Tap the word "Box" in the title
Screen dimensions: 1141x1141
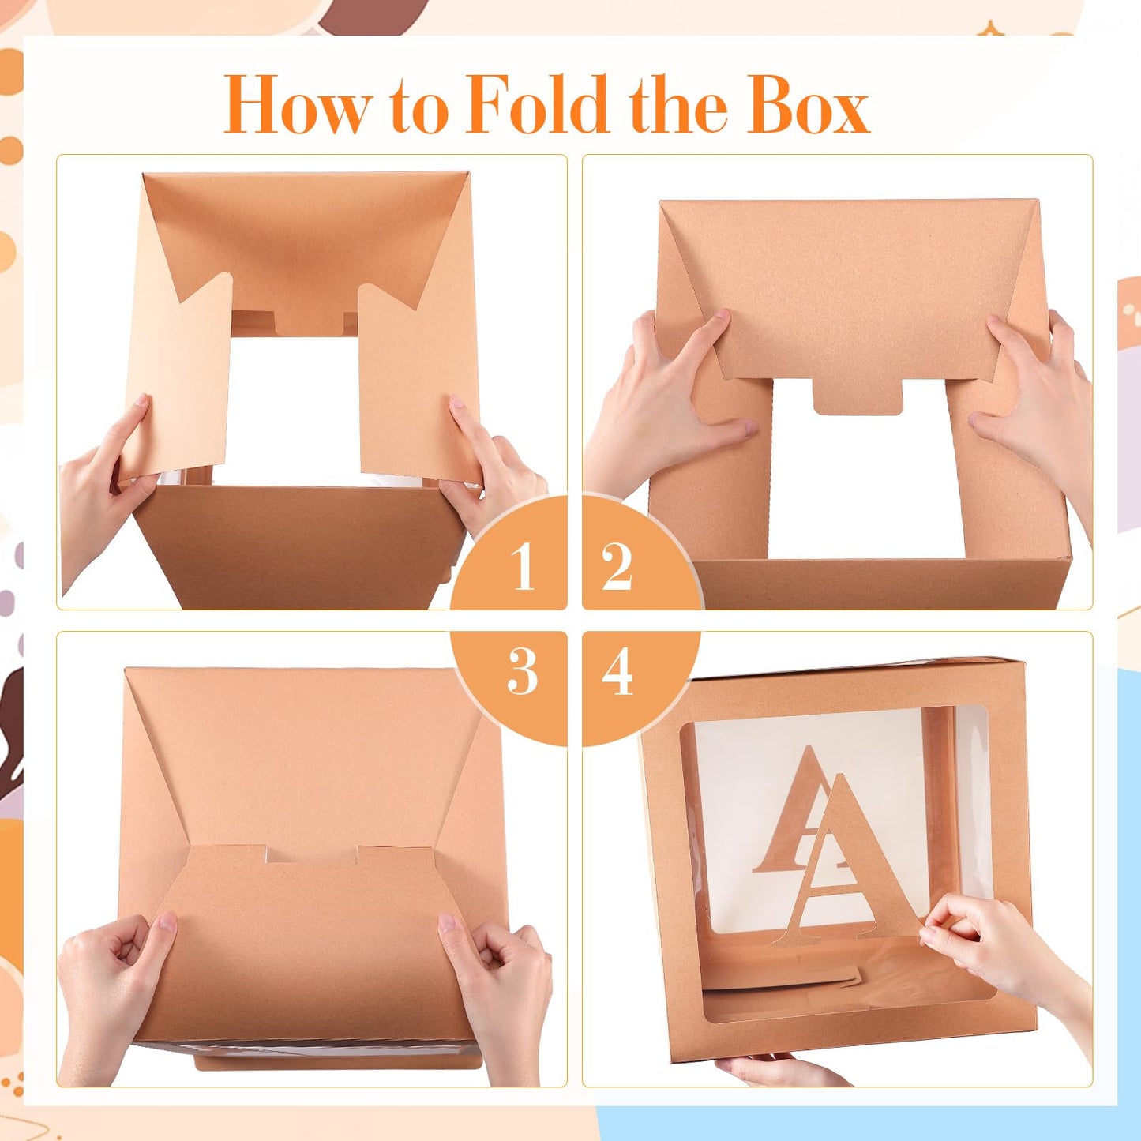point(809,105)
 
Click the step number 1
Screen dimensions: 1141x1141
point(522,567)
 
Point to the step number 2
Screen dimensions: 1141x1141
point(617,567)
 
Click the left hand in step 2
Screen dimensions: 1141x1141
point(663,403)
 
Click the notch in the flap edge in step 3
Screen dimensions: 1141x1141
point(311,853)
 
